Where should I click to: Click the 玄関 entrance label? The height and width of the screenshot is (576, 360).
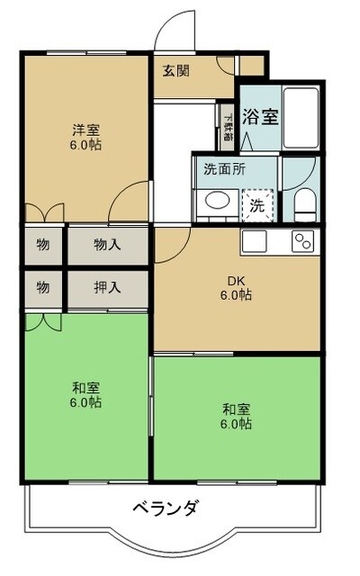pyautogui.click(x=176, y=71)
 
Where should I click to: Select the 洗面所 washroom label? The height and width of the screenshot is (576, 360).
pyautogui.click(x=224, y=168)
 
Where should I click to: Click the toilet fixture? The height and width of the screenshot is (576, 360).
pyautogui.click(x=304, y=203)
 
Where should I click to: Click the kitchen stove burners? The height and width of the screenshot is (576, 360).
pyautogui.click(x=301, y=241)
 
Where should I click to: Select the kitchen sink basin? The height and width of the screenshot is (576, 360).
pyautogui.click(x=253, y=241)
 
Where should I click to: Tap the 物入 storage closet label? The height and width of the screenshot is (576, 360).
pyautogui.click(x=107, y=245)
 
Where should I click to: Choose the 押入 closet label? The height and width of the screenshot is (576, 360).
pyautogui.click(x=107, y=289)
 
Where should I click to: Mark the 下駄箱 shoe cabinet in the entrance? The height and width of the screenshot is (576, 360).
pyautogui.click(x=228, y=128)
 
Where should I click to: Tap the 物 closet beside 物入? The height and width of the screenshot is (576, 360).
pyautogui.click(x=43, y=245)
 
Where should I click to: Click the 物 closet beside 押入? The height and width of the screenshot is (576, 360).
pyautogui.click(x=43, y=289)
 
